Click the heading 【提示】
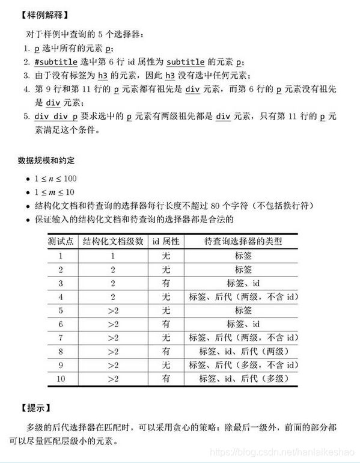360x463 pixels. pyautogui.click(x=35, y=408)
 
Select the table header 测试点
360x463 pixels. pyautogui.click(x=61, y=241)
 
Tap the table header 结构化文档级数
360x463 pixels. pyautogui.click(x=112, y=241)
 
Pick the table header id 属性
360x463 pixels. pyautogui.click(x=165, y=241)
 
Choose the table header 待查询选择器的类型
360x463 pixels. pyautogui.click(x=243, y=241)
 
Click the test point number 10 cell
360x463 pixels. pyautogui.click(x=61, y=379)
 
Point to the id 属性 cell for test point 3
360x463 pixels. pyautogui.click(x=165, y=283)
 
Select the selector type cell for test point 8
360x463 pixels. pyautogui.click(x=243, y=351)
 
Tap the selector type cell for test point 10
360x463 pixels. pyautogui.click(x=243, y=379)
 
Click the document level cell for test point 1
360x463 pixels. pyautogui.click(x=112, y=255)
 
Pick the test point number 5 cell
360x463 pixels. pyautogui.click(x=61, y=310)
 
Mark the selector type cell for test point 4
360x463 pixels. pyautogui.click(x=243, y=296)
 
